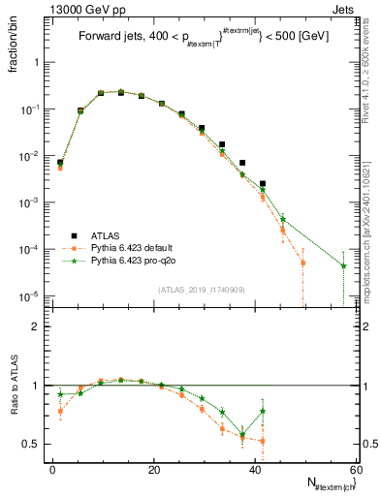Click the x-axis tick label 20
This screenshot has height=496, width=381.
coord(154,469)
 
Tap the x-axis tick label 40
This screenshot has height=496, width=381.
coord(256,469)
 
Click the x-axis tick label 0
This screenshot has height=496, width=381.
coord(52,469)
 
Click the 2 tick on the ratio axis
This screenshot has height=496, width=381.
coord(37,326)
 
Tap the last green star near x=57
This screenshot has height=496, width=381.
coord(344,265)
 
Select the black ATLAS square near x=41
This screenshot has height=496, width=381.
coord(263,183)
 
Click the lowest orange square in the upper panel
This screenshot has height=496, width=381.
coord(302,263)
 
